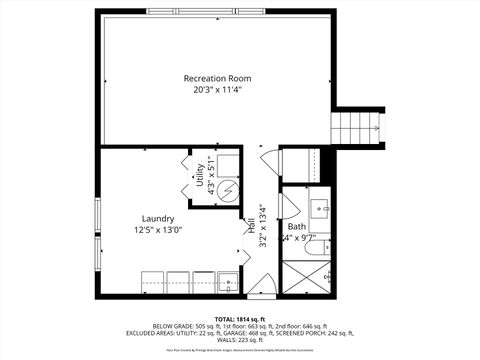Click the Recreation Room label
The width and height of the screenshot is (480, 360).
point(218,78)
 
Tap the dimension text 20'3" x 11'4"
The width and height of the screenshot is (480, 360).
point(218,90)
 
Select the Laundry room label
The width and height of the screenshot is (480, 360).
point(158,219)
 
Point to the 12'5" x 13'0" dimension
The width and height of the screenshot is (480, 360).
point(158,231)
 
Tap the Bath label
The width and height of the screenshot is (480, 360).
point(297,226)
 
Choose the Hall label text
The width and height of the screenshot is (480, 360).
point(251,228)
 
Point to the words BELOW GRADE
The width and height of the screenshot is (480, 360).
point(172,325)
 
